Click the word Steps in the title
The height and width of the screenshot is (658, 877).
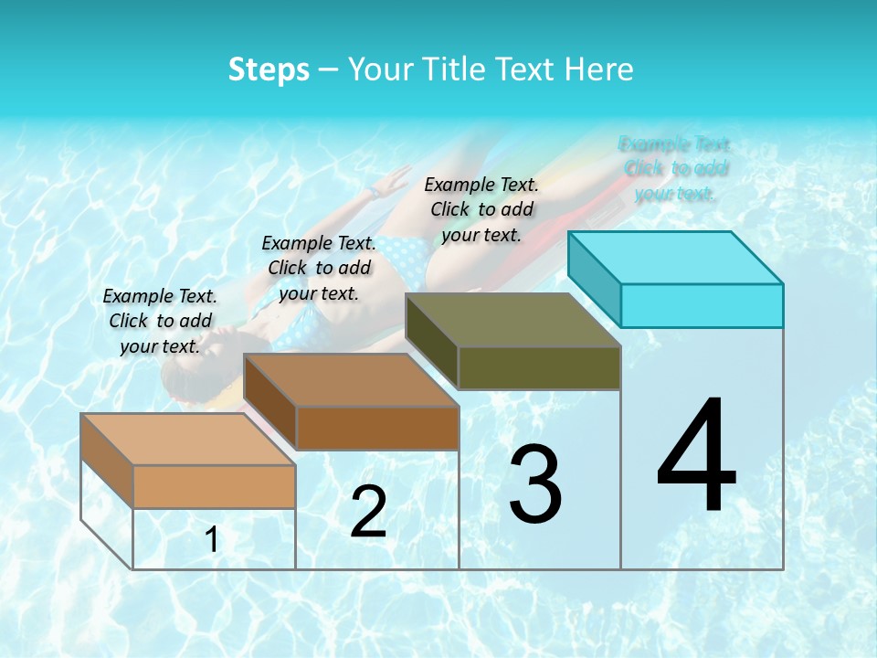[269, 69]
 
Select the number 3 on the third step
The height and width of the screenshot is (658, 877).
[535, 484]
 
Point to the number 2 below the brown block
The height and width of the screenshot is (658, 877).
[368, 512]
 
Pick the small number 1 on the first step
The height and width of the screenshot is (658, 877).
[212, 540]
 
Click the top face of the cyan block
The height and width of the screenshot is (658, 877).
[676, 257]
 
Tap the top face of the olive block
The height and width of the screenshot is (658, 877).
[513, 320]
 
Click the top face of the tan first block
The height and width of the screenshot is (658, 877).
[188, 440]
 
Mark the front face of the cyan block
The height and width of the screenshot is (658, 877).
[702, 305]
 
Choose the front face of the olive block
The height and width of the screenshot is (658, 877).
[539, 368]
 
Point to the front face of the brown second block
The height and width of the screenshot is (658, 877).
[377, 428]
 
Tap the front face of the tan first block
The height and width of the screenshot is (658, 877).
[214, 486]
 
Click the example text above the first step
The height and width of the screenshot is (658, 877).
[160, 321]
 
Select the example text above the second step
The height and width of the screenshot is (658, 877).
[319, 268]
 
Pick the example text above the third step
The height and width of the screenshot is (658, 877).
[481, 209]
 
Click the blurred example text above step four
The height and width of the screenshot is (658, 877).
[675, 168]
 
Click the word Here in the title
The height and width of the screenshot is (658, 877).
[600, 69]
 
